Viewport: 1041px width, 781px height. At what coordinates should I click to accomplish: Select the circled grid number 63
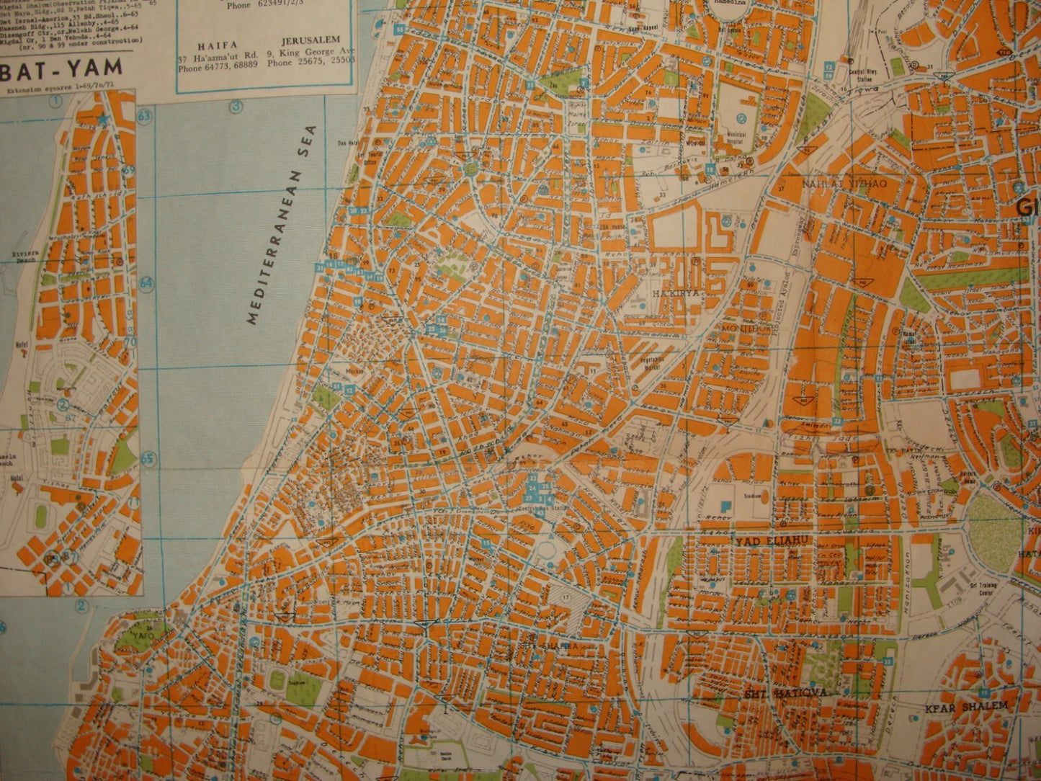pos(145,116)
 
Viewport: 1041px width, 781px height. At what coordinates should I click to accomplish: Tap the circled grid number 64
pos(147,283)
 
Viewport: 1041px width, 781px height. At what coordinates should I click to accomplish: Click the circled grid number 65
pos(148,458)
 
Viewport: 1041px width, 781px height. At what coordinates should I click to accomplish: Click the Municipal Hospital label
pos(742,137)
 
